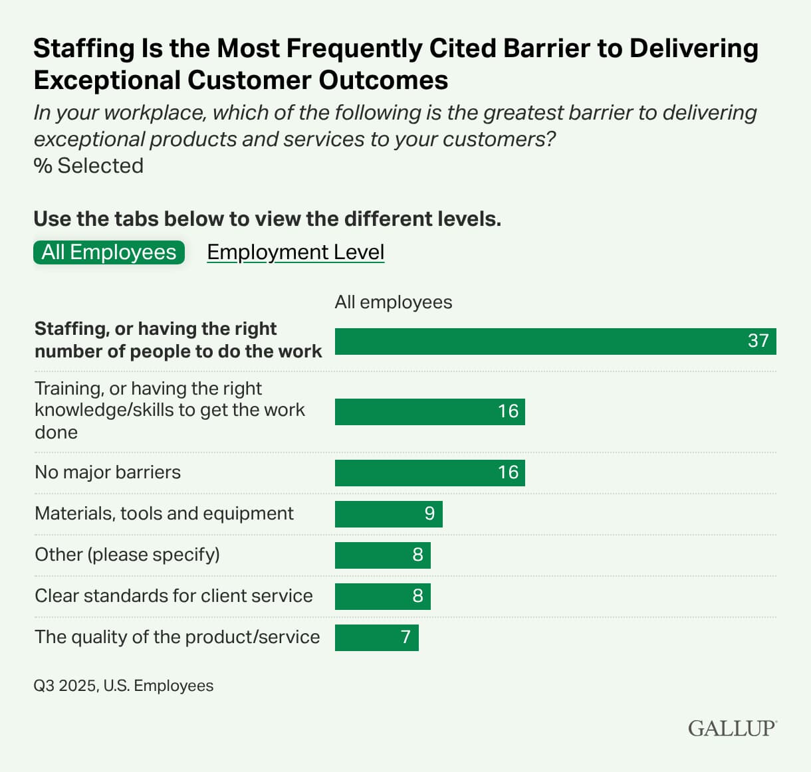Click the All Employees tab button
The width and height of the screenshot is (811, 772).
tap(109, 252)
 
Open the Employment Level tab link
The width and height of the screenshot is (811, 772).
tap(295, 252)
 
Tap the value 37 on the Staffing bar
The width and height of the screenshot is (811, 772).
tap(758, 341)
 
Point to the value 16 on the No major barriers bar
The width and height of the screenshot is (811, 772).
tap(508, 472)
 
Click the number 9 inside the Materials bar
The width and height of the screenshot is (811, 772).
tap(429, 514)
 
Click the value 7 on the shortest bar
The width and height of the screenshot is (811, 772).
tap(405, 637)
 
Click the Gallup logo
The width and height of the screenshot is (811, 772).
tap(732, 728)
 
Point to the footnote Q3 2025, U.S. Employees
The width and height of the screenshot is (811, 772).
tap(124, 686)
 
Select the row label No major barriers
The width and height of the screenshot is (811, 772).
tap(108, 472)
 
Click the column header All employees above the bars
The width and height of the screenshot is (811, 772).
tap(393, 302)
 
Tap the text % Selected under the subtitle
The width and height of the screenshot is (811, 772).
tap(88, 165)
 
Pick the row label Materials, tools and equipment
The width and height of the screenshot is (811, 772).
tap(164, 514)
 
